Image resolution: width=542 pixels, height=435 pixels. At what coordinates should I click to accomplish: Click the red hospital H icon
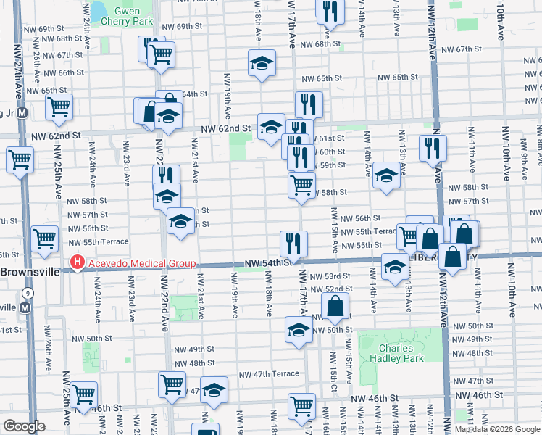75,264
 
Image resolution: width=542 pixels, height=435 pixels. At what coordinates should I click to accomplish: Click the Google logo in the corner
23,426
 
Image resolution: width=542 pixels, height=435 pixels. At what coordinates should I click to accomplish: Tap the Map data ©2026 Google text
497,429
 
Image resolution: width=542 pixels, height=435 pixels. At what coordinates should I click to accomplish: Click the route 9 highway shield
27,293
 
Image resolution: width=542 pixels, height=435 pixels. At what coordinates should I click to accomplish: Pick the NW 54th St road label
267,263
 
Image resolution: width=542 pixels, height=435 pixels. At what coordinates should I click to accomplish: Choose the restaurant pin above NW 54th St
293,242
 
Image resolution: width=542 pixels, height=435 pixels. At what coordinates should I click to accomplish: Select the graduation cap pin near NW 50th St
299,330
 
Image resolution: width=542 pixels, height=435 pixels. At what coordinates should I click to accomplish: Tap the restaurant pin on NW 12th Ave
433,147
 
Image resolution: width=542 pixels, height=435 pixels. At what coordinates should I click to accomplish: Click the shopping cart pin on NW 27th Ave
20,159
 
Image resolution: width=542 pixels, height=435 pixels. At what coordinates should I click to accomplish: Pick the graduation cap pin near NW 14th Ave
385,175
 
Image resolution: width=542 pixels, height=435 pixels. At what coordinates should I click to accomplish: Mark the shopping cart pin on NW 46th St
301,405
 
